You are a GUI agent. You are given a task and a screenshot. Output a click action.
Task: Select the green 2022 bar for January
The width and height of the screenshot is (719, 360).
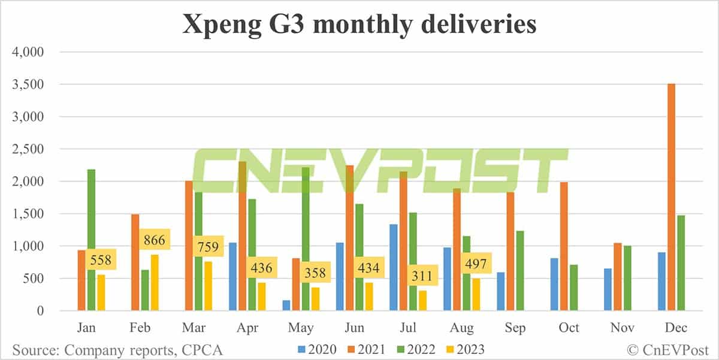91,240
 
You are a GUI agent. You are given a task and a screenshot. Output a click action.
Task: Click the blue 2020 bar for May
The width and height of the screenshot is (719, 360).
101,305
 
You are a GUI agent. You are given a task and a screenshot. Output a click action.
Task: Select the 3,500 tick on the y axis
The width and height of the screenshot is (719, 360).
29,84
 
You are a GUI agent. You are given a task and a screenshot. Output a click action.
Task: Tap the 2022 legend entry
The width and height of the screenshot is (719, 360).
418,349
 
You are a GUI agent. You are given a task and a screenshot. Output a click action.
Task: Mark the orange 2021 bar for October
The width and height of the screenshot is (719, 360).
564,246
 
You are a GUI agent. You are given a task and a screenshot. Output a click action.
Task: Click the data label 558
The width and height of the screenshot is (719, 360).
101,261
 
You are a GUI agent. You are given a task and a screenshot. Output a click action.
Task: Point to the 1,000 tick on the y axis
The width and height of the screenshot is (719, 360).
29,246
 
